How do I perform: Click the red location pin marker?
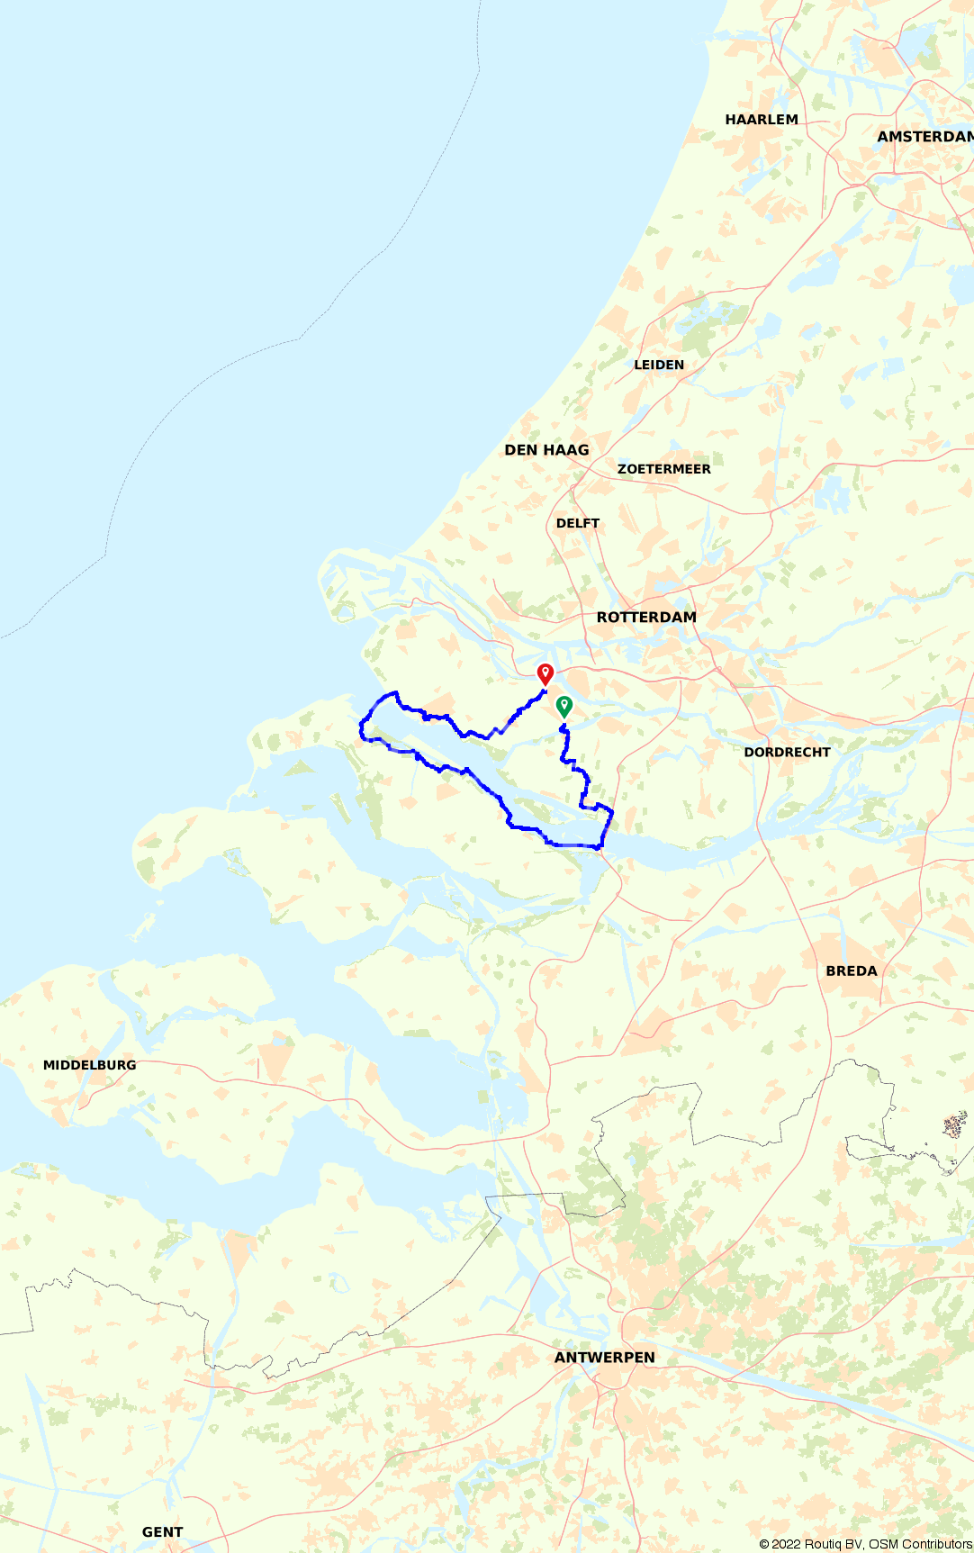(545, 673)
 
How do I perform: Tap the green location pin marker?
(564, 706)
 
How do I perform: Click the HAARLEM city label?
(762, 120)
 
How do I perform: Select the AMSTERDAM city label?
(925, 137)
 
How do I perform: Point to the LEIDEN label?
(659, 365)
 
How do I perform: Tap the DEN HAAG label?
(546, 450)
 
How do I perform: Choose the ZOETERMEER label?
(664, 469)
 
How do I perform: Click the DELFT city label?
(578, 523)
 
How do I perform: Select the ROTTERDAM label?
(646, 618)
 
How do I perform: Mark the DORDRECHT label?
(787, 753)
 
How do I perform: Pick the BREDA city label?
(852, 971)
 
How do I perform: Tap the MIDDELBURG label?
(90, 1065)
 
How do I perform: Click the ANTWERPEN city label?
(605, 1358)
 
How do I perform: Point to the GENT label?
(162, 1532)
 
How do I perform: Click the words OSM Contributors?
(920, 1544)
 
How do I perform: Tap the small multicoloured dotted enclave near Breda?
(954, 1125)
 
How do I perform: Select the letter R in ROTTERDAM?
(602, 618)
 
